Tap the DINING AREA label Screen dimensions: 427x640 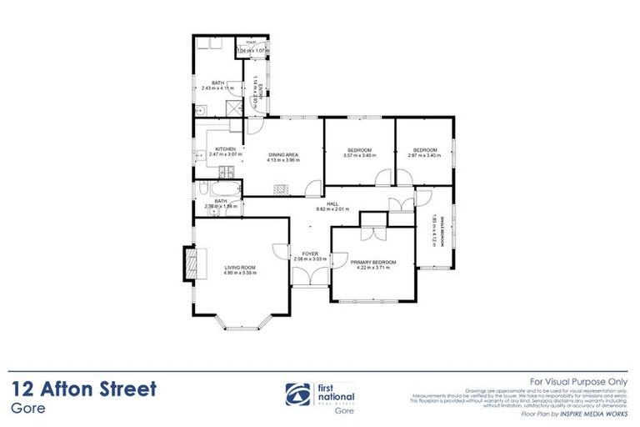(282, 154)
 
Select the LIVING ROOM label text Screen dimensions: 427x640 (239, 267)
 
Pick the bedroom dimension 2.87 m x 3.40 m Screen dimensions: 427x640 (423, 155)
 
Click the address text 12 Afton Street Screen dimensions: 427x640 (84, 389)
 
